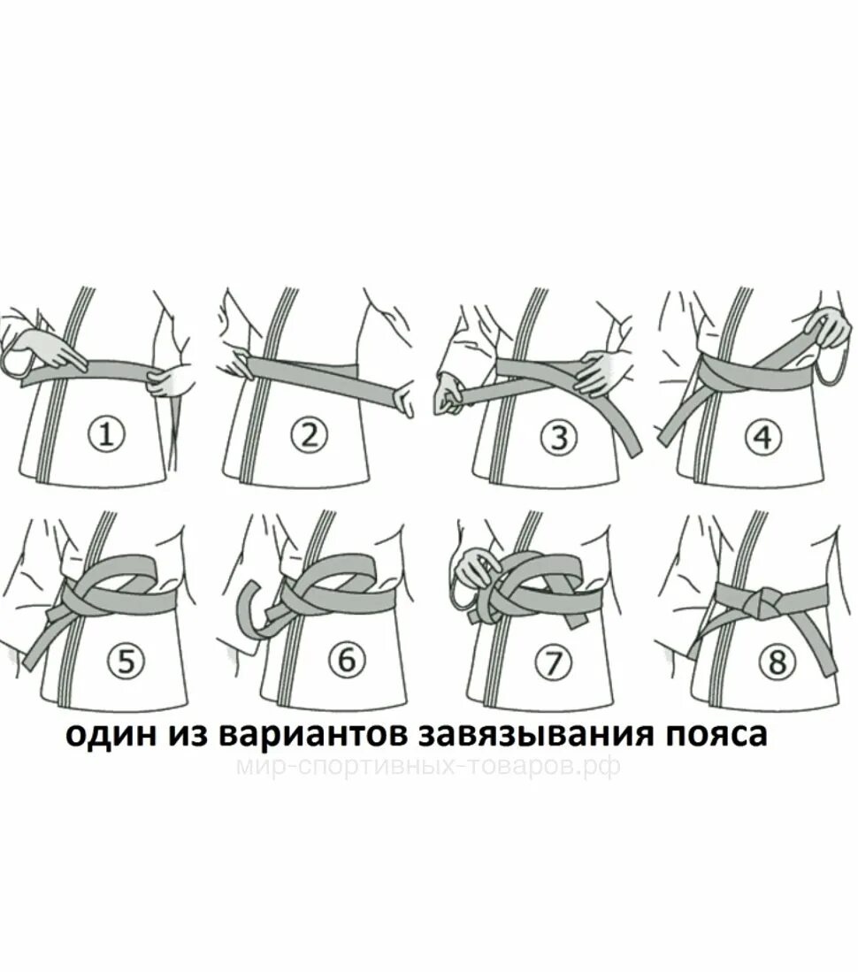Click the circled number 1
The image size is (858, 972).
106,434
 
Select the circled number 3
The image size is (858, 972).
559,435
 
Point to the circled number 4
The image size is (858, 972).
762,435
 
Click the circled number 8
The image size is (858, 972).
777,662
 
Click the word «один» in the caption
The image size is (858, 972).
105,735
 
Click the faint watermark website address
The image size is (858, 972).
428,766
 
